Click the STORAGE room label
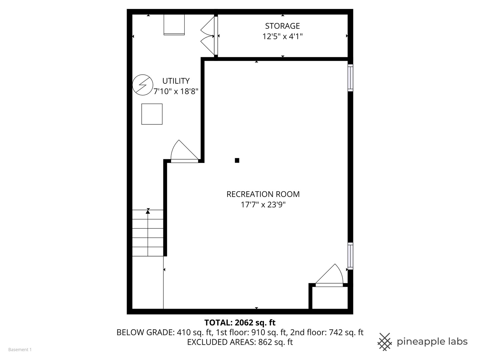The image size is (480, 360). pyautogui.click(x=282, y=26)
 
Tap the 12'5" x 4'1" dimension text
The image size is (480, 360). pyautogui.click(x=282, y=36)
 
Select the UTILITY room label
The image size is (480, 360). pyautogui.click(x=176, y=81)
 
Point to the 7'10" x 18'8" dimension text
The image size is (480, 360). pyautogui.click(x=176, y=91)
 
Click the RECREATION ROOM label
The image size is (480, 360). pyautogui.click(x=263, y=194)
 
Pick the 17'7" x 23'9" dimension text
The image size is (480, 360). pyautogui.click(x=263, y=205)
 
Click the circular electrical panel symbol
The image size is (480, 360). pyautogui.click(x=143, y=85)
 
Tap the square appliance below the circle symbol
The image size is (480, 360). pyautogui.click(x=152, y=114)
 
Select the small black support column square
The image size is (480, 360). pyautogui.click(x=237, y=160)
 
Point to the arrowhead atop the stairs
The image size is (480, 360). pyautogui.click(x=148, y=211)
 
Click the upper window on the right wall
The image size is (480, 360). pyautogui.click(x=350, y=78)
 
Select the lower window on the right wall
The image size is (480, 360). pyautogui.click(x=350, y=256)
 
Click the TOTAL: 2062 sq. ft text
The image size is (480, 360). pyautogui.click(x=240, y=322)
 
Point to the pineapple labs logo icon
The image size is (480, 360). pyautogui.click(x=385, y=342)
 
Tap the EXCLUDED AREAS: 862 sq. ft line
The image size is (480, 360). pyautogui.click(x=240, y=342)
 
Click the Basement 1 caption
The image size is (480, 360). pyautogui.click(x=20, y=350)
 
